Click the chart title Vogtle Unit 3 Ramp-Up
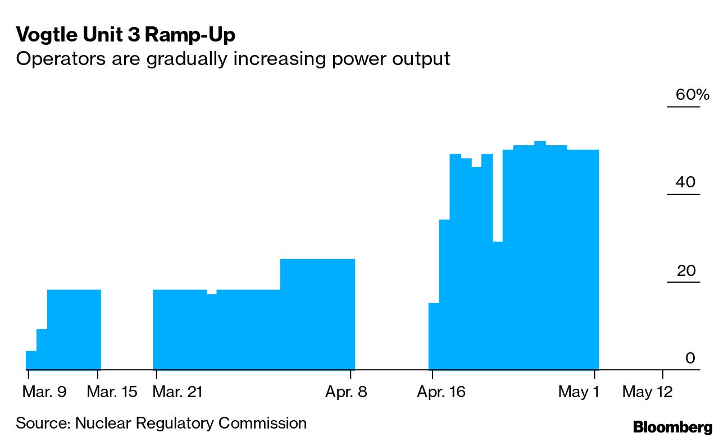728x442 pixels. pos(125,35)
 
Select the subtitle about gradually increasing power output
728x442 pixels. pos(233,58)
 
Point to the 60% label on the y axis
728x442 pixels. pos(692,95)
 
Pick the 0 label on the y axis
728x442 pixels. pos(690,358)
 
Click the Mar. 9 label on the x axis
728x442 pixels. pos(44,392)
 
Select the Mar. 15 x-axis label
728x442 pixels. pos(112,392)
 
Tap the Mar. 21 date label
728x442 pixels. pos(178,392)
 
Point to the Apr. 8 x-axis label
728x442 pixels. pos(346,392)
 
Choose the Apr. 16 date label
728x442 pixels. pos(441,392)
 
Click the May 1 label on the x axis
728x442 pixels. pos(579,392)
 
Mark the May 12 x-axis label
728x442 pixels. pos(647,392)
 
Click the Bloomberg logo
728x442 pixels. pos(672,427)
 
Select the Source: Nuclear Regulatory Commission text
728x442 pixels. pos(161,423)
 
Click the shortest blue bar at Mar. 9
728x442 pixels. pos(31,360)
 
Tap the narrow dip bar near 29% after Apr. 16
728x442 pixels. pos(498,306)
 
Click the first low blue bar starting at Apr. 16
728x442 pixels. pos(434,337)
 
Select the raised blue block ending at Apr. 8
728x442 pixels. pos(317,314)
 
